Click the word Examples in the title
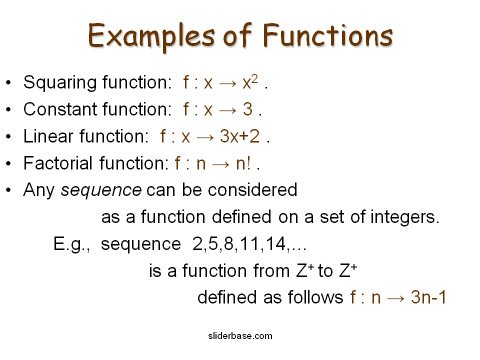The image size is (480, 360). (x=143, y=35)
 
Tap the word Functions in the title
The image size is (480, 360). (x=328, y=35)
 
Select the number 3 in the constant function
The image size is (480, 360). (x=247, y=109)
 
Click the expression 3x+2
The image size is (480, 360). (x=240, y=136)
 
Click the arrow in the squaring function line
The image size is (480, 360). (x=227, y=83)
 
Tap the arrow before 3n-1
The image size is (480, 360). (x=395, y=298)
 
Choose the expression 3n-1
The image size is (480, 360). (x=428, y=297)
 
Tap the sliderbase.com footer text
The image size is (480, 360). (x=240, y=335)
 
